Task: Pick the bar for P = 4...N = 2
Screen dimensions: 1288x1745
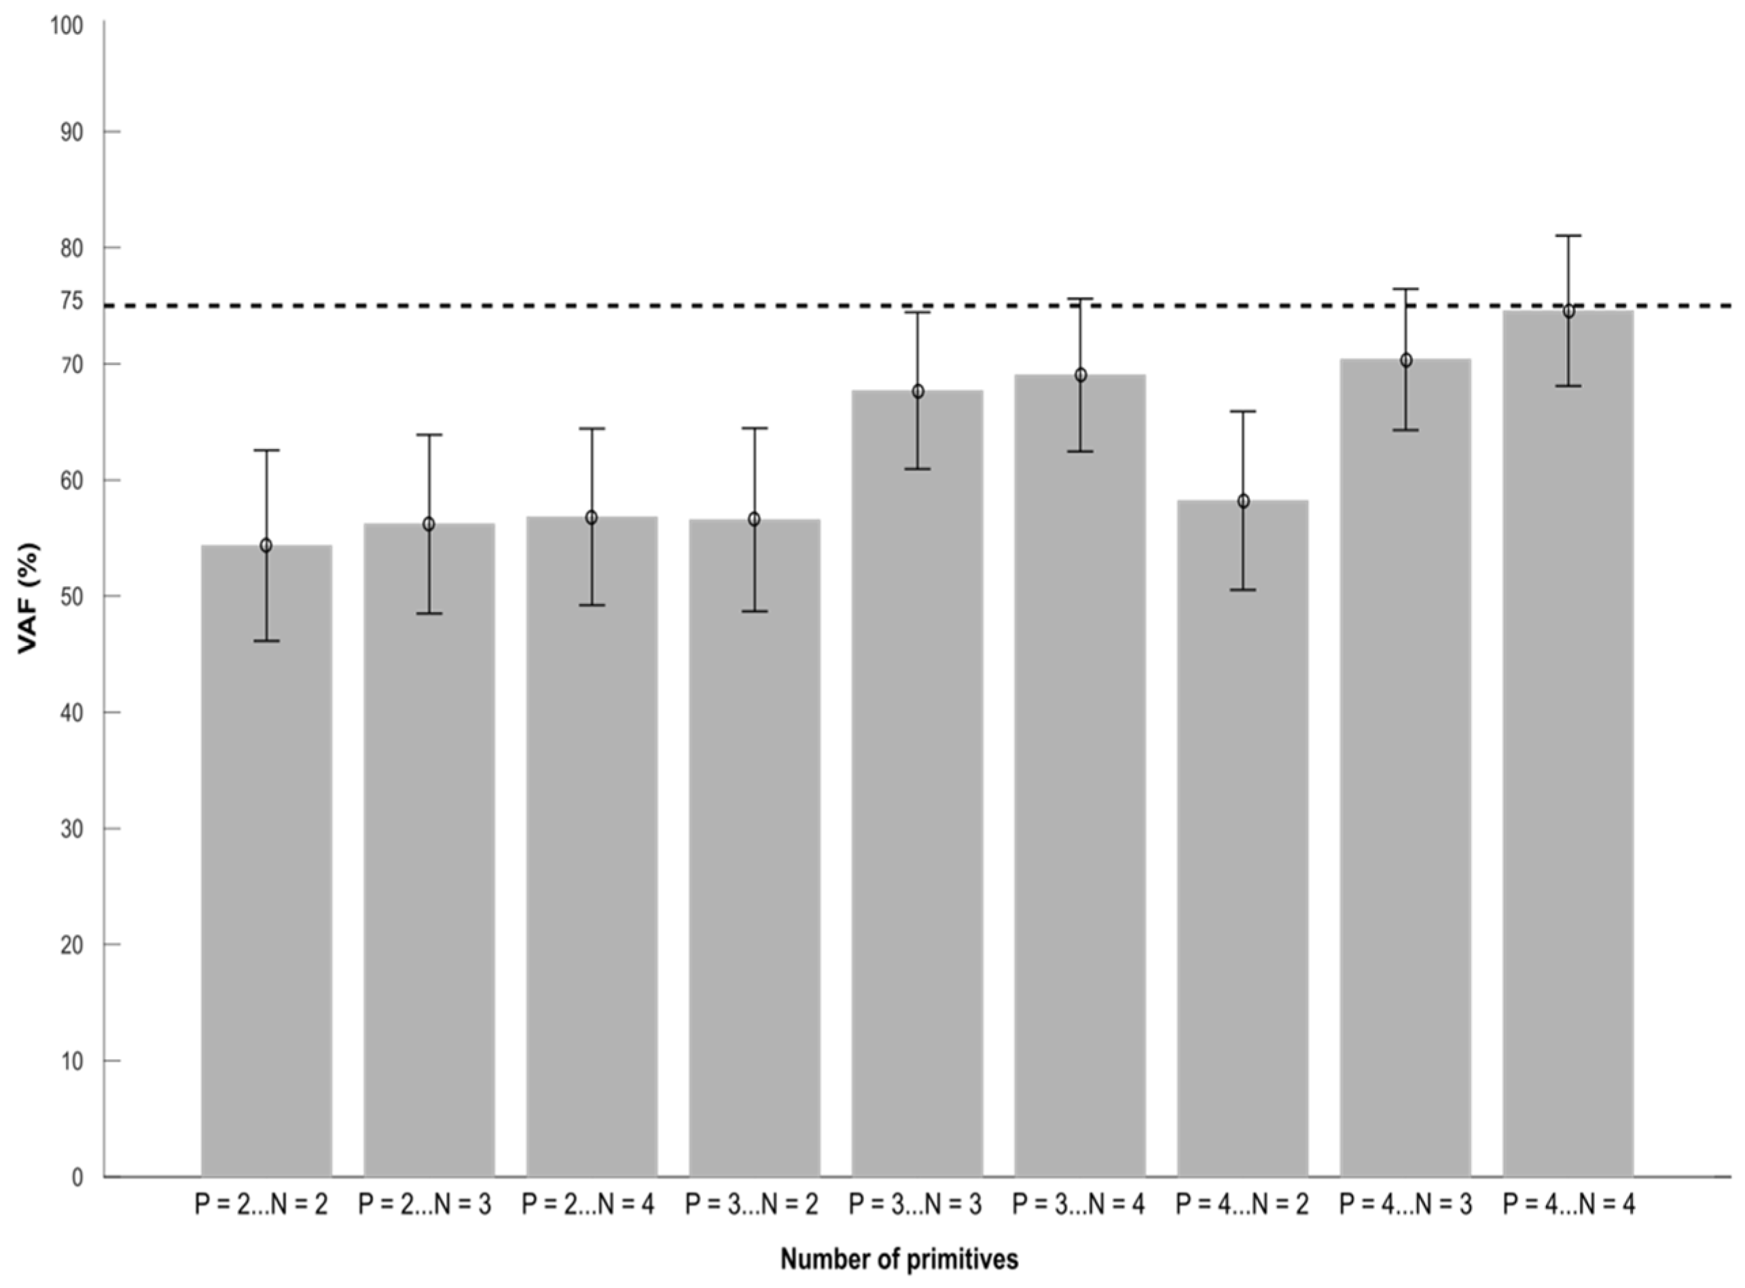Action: [1242, 842]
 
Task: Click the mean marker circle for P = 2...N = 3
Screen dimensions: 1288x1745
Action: [429, 524]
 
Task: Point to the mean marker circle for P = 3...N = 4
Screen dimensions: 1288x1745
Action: [1080, 375]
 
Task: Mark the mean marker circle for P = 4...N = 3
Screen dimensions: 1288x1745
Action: [1406, 360]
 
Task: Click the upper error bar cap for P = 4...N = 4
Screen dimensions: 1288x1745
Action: [1568, 236]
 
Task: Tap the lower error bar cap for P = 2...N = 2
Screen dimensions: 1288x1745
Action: [266, 641]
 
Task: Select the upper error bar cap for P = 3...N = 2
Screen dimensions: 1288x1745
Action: [755, 428]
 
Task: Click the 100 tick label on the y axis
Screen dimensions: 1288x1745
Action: [67, 26]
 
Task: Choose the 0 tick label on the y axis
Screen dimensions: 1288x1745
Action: [77, 1178]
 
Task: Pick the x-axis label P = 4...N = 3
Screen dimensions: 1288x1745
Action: [1405, 1205]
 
